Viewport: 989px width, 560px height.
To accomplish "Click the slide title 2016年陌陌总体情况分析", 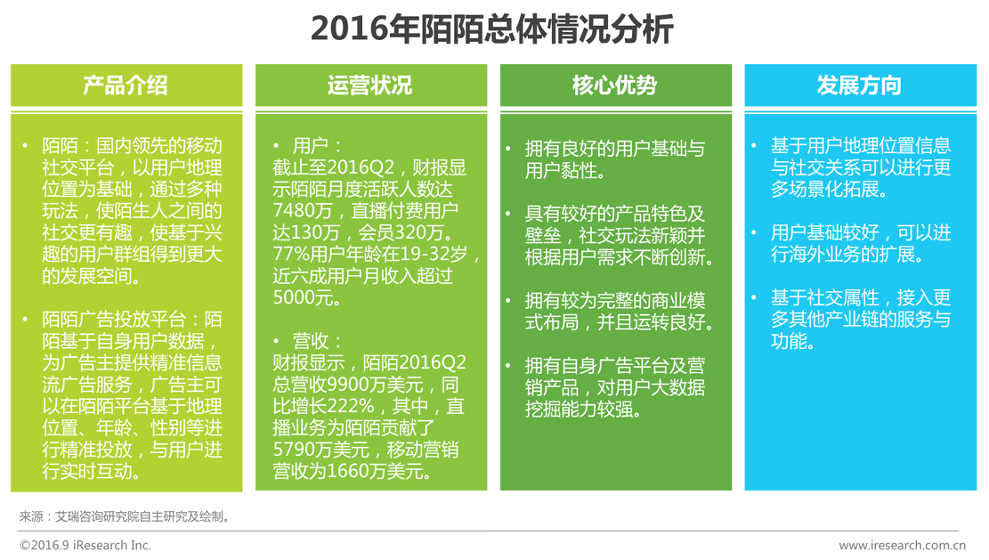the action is [492, 29].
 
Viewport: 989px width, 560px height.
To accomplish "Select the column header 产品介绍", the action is [126, 85].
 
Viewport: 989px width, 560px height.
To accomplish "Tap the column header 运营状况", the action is [370, 85].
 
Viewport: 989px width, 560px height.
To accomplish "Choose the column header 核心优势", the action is [615, 85].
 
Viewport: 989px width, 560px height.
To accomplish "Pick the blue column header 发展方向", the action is [860, 85].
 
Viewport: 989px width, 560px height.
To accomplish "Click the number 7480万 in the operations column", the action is [304, 211].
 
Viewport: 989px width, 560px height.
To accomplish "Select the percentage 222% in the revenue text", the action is [353, 406].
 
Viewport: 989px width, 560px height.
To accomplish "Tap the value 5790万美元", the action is [321, 450].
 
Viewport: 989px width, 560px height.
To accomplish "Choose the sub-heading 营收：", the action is [317, 341].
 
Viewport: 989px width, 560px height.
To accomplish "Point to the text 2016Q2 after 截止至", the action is [361, 167].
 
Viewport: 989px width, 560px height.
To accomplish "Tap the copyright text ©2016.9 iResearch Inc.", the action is [85, 546].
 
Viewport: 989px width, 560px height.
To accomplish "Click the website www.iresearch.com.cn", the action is [903, 546].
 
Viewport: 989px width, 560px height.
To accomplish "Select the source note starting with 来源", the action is [125, 517].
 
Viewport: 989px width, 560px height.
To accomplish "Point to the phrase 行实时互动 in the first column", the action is [87, 471].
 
